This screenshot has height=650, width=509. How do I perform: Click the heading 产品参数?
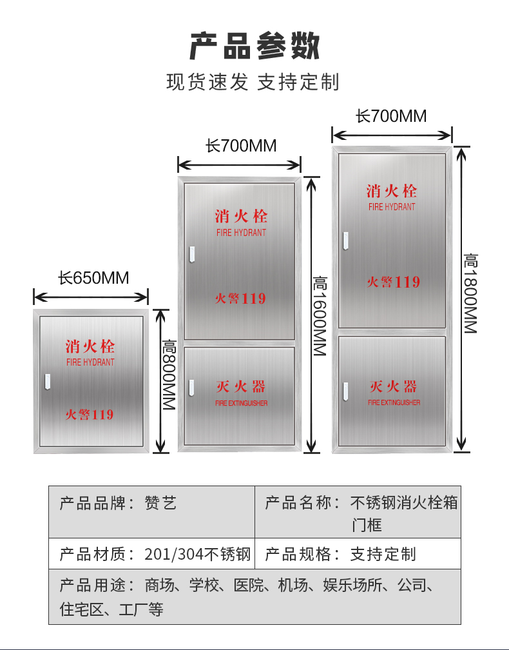click(254, 46)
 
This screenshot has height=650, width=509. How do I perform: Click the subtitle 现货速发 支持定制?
click(253, 82)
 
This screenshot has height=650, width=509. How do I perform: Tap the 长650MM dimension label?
click(93, 279)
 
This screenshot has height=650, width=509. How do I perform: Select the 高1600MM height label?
click(320, 316)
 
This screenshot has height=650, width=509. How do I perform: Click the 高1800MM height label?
click(470, 293)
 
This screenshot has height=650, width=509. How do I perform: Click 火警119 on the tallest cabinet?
click(393, 282)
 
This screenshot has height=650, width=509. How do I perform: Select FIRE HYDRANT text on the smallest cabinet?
click(90, 362)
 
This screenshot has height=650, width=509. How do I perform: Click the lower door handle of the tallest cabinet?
click(346, 391)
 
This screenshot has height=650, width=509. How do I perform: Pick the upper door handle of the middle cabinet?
click(191, 255)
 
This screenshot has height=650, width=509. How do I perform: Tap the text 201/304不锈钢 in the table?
click(197, 554)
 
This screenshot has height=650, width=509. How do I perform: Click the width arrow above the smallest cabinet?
click(91, 297)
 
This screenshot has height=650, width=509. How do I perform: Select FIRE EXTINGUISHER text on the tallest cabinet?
click(394, 402)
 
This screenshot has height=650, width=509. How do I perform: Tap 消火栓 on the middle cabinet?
click(241, 215)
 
